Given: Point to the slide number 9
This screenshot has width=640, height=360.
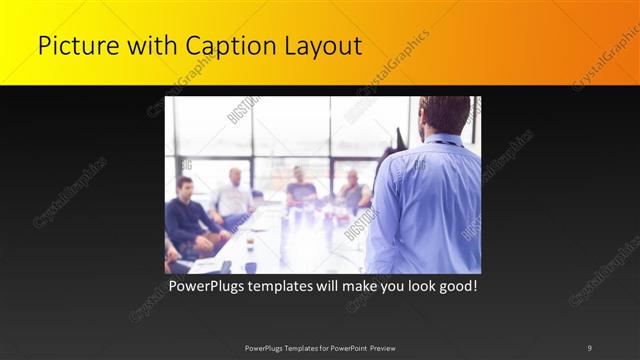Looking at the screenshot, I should coord(590,347).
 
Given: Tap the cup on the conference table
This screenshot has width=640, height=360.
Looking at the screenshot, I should coord(250,243).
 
